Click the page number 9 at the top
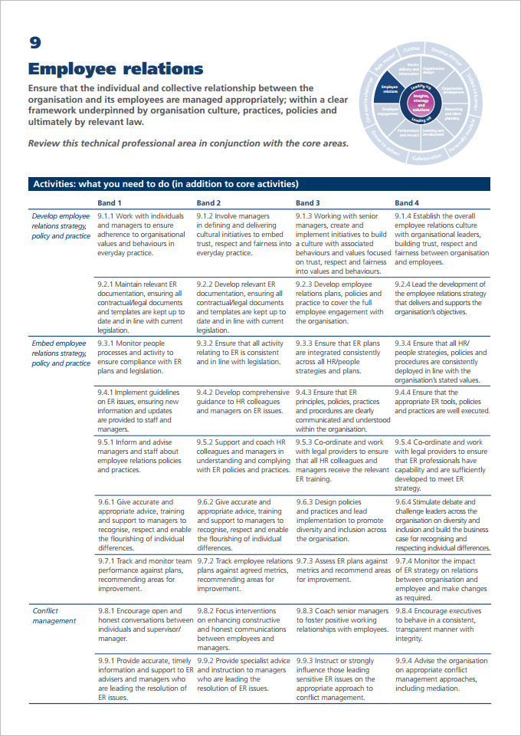pyautogui.click(x=35, y=43)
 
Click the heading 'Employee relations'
pyautogui.click(x=116, y=69)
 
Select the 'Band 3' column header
pyautogui.click(x=308, y=202)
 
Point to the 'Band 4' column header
pyautogui.click(x=407, y=202)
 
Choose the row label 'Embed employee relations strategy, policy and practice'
pyautogui.click(x=61, y=353)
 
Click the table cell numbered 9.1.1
pyautogui.click(x=142, y=234)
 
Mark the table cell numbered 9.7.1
pyautogui.click(x=143, y=575)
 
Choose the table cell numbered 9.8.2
pyautogui.click(x=242, y=629)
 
